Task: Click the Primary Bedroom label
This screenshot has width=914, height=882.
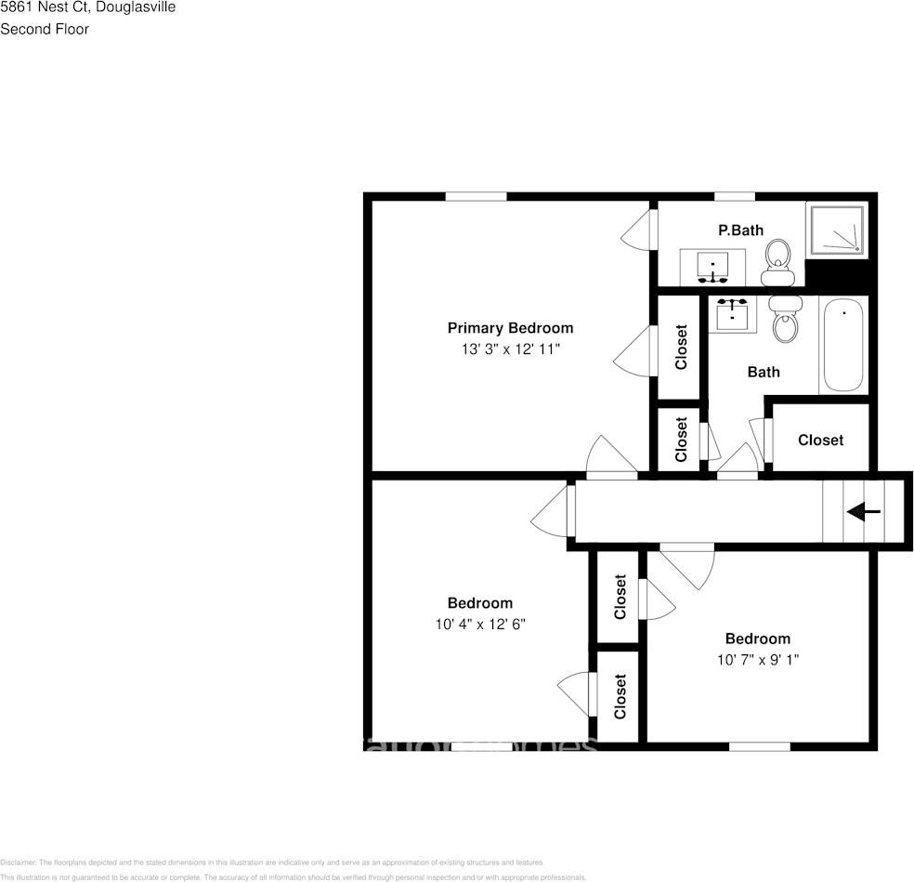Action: pos(510,328)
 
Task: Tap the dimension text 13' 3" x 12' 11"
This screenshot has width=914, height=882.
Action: pos(510,349)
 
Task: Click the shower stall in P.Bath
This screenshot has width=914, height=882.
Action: pos(838,230)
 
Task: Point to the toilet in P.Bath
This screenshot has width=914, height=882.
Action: pos(777,261)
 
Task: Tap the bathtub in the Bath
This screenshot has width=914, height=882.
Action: pos(842,345)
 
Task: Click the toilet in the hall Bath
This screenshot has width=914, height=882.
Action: pos(787,319)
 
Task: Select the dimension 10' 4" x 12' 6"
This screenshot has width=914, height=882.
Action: pos(480,625)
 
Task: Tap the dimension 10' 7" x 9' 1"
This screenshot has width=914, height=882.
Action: pos(758,660)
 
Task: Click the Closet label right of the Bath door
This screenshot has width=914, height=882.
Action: pos(821,440)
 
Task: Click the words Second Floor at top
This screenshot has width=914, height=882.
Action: pos(45,29)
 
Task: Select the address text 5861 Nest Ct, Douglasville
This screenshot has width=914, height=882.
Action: pos(87,7)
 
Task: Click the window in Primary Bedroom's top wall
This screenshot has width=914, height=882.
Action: pos(476,196)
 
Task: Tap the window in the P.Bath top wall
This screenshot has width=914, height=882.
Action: pos(734,196)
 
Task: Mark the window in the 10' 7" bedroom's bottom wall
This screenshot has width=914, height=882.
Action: pos(759,745)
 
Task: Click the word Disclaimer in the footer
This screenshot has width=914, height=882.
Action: pos(18,862)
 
